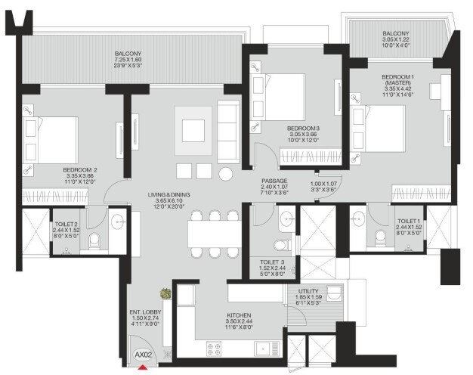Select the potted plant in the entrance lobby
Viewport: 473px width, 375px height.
click(165, 294)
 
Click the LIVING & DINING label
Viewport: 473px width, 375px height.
click(168, 195)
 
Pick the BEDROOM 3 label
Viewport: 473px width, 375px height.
click(303, 129)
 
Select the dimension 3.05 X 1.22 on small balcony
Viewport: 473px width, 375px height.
click(395, 42)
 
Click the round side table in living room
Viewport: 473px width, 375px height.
click(227, 173)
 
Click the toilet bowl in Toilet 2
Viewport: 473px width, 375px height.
click(93, 242)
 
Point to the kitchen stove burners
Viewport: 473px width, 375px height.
click(214, 349)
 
